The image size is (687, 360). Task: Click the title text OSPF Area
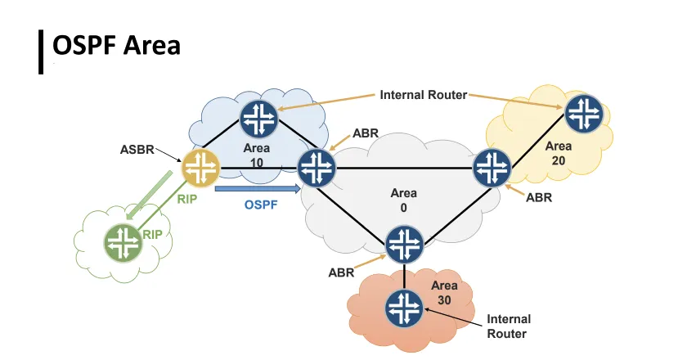point(116,46)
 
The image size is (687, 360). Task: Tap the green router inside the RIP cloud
point(123,242)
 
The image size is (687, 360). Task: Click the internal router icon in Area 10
point(259,117)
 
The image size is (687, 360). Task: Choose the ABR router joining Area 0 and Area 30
point(404,243)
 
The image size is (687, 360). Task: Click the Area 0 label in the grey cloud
point(403,200)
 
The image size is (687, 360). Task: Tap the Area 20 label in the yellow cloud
point(559,152)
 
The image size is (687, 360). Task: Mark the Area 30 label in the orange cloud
point(444,292)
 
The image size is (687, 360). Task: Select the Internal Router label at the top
point(423,95)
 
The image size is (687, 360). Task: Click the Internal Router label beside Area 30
point(509,326)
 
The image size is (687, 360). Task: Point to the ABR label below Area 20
point(540,197)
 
